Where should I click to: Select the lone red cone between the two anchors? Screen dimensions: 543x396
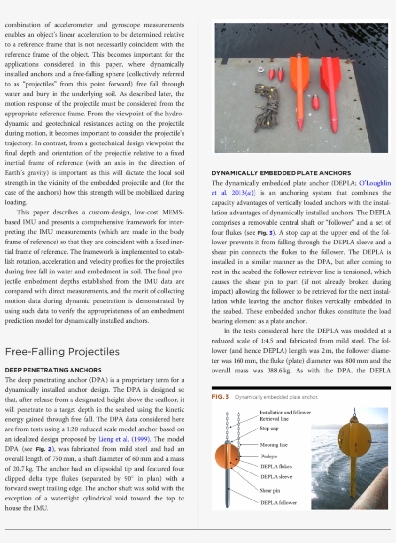click(316, 102)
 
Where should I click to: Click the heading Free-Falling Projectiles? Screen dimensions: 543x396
click(62, 351)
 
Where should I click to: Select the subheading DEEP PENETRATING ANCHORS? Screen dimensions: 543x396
click(53, 370)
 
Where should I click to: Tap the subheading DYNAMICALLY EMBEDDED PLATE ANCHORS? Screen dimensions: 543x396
click(281, 173)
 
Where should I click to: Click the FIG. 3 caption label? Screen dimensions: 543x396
click(220, 397)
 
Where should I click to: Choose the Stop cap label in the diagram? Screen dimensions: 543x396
click(269, 428)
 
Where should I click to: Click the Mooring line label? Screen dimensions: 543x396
click(273, 445)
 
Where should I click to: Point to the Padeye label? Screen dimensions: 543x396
click(269, 456)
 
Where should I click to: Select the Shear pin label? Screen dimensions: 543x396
click(269, 490)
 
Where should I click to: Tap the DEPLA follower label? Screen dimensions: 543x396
click(278, 502)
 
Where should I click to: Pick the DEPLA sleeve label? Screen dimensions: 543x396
click(276, 477)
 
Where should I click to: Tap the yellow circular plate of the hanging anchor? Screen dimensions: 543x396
click(355, 444)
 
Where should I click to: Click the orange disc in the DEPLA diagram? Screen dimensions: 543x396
click(227, 456)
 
